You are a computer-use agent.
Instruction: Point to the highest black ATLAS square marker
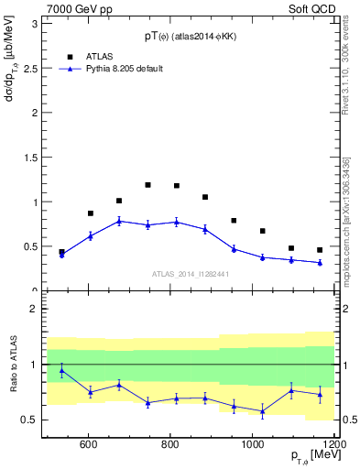point(147,185)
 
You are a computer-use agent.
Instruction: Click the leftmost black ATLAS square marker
point(61,252)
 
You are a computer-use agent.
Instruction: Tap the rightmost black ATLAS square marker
point(320,250)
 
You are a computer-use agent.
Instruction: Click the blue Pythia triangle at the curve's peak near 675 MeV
point(119,221)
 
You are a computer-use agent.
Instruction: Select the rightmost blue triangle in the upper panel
point(320,263)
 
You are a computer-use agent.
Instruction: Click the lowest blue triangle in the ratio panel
point(262,411)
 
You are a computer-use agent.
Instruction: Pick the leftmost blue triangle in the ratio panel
point(61,371)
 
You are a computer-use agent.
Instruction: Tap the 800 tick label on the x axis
point(170,446)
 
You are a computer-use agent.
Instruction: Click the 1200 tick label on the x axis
point(333,446)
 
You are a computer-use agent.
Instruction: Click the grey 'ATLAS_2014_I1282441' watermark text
point(189,273)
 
